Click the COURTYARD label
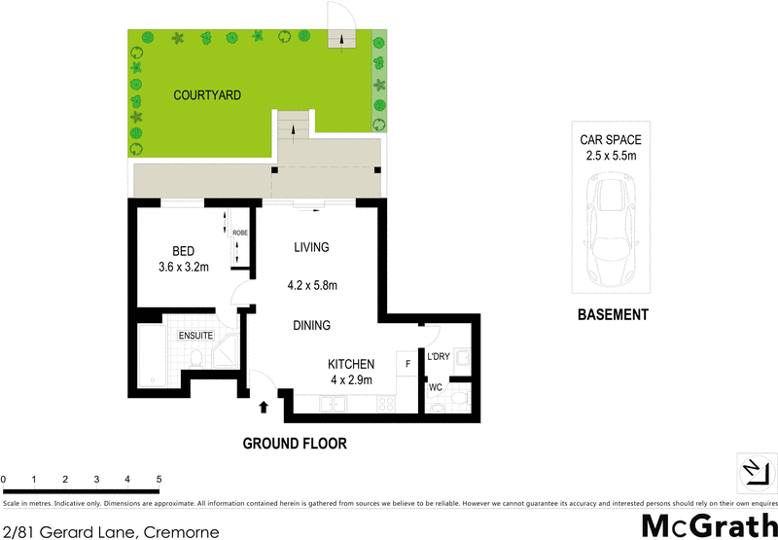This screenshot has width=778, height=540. (x=207, y=95)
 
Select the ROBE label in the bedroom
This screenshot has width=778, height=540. (x=239, y=233)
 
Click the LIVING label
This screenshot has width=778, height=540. (x=312, y=247)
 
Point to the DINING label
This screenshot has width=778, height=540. (x=312, y=326)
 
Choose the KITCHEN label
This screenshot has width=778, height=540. (x=351, y=364)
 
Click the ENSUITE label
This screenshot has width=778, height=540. (x=195, y=336)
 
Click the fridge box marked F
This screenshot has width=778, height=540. (x=407, y=365)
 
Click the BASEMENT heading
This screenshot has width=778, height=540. (x=613, y=315)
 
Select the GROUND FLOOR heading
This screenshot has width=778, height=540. (x=295, y=444)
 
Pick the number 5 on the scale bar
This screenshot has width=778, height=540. (x=159, y=480)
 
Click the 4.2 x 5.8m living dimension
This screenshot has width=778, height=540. (x=318, y=286)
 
